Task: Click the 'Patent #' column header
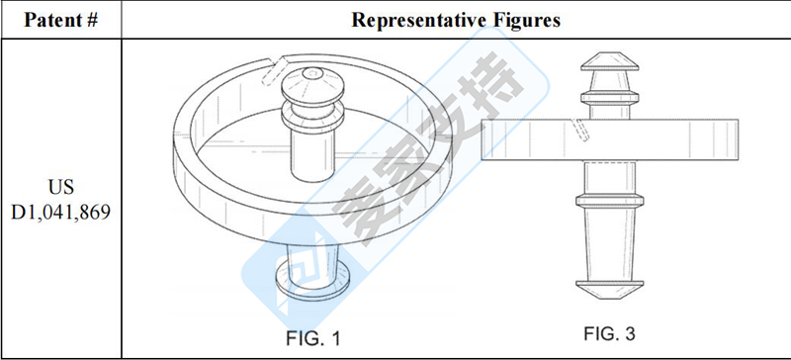point(60,20)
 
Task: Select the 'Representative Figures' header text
point(456,20)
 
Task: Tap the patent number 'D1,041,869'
point(60,212)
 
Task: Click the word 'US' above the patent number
point(61,187)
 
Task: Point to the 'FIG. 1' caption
point(312,338)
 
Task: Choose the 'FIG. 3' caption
point(609,333)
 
